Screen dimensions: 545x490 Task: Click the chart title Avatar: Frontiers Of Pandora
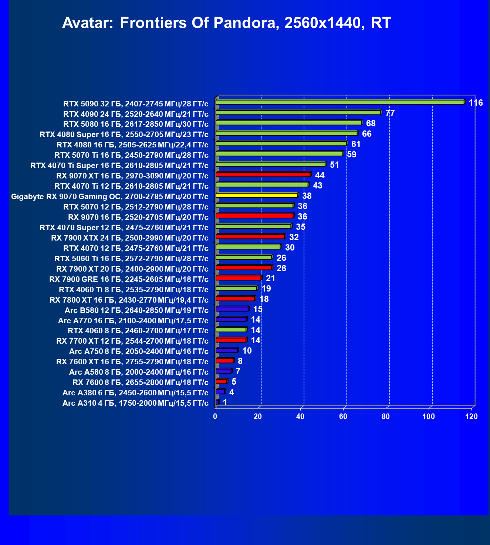(226, 23)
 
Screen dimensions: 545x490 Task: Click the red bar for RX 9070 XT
(263, 174)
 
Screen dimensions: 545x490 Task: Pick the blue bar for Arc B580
(232, 309)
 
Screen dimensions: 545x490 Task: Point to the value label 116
(476, 103)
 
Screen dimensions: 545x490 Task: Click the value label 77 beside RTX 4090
(390, 113)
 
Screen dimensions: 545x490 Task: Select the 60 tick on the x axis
(343, 416)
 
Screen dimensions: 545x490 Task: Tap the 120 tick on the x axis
(472, 416)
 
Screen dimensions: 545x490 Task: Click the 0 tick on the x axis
(215, 416)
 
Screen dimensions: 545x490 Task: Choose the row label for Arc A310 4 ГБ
(135, 403)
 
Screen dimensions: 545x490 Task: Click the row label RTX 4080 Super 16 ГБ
(124, 134)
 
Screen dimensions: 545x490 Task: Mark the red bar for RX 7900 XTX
(250, 236)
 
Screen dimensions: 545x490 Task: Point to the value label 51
(334, 165)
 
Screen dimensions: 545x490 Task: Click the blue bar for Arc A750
(227, 350)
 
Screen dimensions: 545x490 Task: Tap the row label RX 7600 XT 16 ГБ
(132, 362)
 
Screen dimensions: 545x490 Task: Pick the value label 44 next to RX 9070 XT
(320, 175)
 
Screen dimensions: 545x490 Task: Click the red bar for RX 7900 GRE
(238, 278)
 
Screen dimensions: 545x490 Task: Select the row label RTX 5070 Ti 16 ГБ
(131, 155)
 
